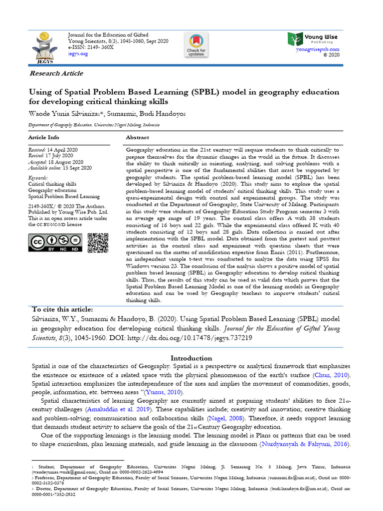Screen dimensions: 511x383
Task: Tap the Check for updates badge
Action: click(x=196, y=45)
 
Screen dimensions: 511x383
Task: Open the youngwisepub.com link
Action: click(x=317, y=49)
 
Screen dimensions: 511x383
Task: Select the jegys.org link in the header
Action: click(x=77, y=53)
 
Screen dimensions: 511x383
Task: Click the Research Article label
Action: click(x=56, y=73)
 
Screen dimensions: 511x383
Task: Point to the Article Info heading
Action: click(x=43, y=137)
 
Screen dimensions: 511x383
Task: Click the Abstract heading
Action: click(x=137, y=137)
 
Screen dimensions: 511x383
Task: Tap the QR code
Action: click(x=97, y=243)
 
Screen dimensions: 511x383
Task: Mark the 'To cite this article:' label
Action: click(x=62, y=309)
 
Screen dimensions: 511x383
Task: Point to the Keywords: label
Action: click(x=38, y=178)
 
